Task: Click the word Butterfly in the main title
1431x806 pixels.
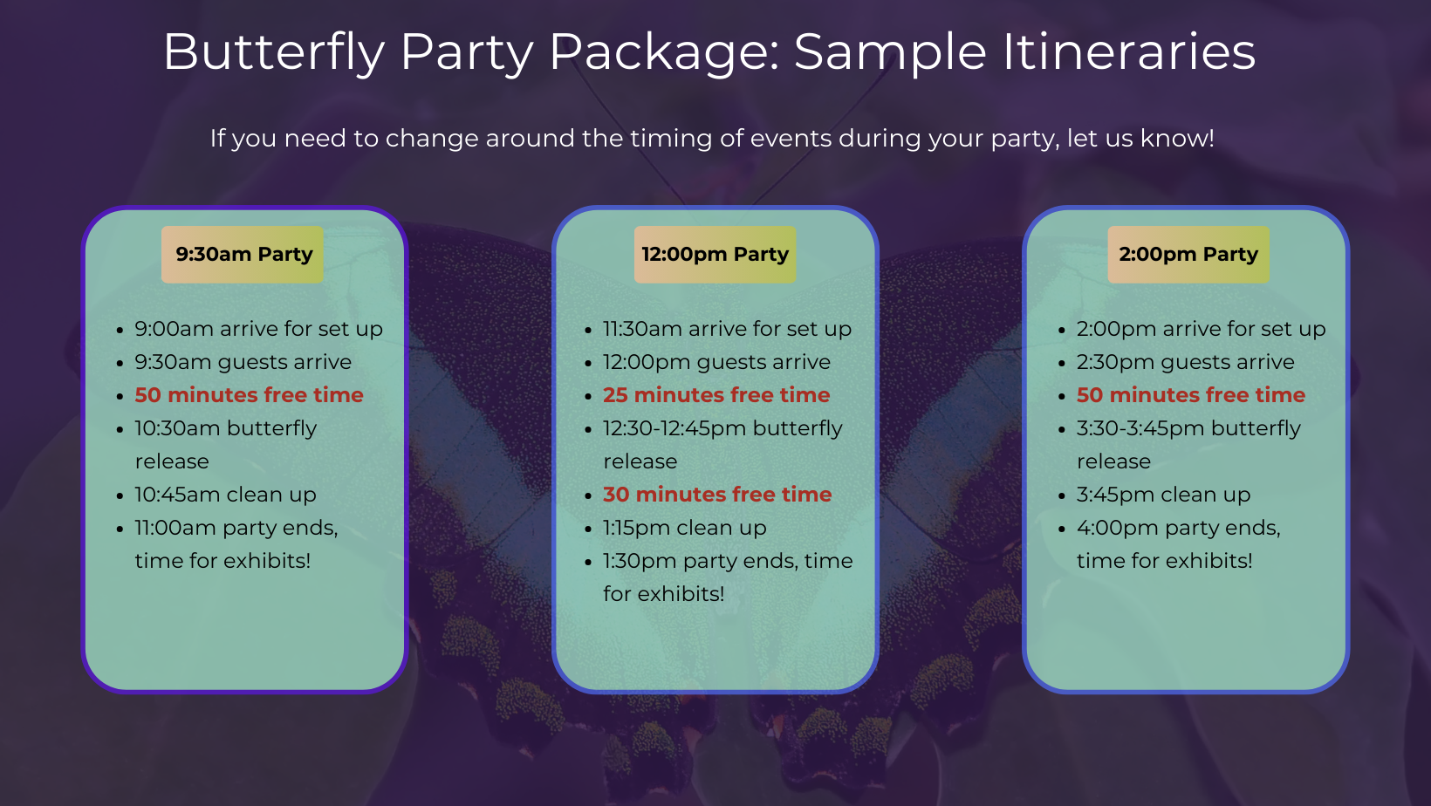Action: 273,52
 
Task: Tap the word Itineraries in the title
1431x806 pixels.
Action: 1129,52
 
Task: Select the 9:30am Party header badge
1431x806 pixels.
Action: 243,255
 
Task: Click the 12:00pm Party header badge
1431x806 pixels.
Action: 715,255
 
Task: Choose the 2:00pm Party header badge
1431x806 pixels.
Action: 1188,255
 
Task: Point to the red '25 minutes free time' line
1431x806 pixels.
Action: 716,395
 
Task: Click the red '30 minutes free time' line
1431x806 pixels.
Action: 717,495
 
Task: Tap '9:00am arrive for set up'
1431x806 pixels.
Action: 258,329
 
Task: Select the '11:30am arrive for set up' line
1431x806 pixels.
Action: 727,329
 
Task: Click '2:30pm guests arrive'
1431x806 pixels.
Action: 1185,362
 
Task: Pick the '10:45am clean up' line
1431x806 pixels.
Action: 225,495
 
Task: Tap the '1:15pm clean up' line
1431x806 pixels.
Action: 684,528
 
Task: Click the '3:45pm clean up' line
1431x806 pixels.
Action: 1163,495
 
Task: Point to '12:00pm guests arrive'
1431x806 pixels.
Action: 716,362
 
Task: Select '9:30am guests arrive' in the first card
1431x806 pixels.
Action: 243,362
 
